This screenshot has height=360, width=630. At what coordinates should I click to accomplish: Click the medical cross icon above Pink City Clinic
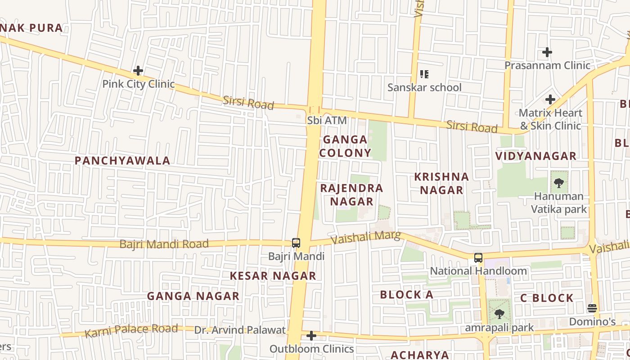point(138,71)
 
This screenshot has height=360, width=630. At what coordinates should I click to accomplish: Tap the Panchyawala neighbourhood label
point(122,161)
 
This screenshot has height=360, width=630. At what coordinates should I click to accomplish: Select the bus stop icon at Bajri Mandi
point(296,243)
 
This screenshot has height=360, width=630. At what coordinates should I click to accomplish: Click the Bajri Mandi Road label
point(164,244)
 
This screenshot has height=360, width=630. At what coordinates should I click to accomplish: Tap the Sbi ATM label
point(327,120)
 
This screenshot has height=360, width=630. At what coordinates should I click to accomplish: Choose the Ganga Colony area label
point(345,146)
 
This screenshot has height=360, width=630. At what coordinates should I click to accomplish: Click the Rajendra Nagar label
point(351,194)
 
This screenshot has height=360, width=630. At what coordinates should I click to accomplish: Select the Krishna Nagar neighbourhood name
point(441,183)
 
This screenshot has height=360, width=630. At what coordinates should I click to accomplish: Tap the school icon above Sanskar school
point(424,74)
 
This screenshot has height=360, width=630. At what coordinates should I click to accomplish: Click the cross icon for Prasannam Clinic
point(547,52)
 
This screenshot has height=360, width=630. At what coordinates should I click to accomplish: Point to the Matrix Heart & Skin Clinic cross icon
point(550,99)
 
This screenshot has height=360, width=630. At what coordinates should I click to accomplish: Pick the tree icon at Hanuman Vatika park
point(559,183)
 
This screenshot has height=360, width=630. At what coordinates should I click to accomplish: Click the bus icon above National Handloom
point(478,258)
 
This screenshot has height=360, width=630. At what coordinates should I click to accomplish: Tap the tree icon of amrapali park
point(499,314)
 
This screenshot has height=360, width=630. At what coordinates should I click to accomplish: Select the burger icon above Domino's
point(592,308)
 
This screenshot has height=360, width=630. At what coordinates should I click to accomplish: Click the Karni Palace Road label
point(131,330)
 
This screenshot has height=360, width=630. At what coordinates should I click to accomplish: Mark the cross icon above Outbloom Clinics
point(311,336)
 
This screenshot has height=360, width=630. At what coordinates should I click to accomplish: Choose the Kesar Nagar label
point(273,276)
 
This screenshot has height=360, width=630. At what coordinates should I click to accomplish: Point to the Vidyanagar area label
point(535,156)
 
